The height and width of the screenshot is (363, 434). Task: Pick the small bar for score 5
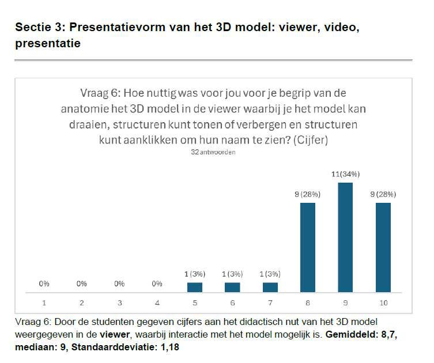coord(195,288)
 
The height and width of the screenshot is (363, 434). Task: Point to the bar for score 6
coord(232,288)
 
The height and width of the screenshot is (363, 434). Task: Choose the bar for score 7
coord(270,288)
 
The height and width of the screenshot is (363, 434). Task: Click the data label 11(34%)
coord(345,173)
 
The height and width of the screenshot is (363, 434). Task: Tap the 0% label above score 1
coord(44,283)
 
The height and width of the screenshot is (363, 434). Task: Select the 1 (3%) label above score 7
coord(270,273)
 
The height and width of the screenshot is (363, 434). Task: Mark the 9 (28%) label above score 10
coord(383,194)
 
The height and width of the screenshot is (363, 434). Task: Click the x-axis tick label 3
coord(119,302)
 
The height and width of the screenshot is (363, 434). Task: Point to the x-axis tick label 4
coord(157,302)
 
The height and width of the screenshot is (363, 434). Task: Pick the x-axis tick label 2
coord(82,302)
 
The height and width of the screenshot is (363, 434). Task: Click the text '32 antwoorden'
coord(213,153)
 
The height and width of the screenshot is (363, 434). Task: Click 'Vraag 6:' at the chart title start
coord(97,93)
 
